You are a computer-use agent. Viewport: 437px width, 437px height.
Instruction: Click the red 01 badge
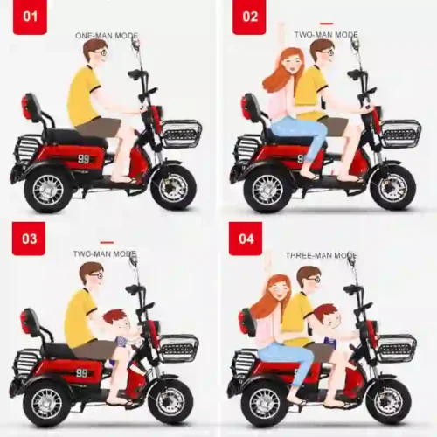[29, 17]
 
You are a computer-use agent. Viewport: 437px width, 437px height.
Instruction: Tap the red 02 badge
[249, 17]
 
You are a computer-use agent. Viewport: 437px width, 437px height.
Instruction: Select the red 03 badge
[29, 238]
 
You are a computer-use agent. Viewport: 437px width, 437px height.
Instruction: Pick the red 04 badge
[246, 238]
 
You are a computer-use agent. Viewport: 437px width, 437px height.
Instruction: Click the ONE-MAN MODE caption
[108, 35]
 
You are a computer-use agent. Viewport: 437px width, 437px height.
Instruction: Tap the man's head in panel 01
[94, 53]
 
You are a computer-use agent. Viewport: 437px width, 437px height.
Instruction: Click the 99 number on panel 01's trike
[84, 159]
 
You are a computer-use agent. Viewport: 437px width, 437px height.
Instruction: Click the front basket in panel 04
[396, 348]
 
